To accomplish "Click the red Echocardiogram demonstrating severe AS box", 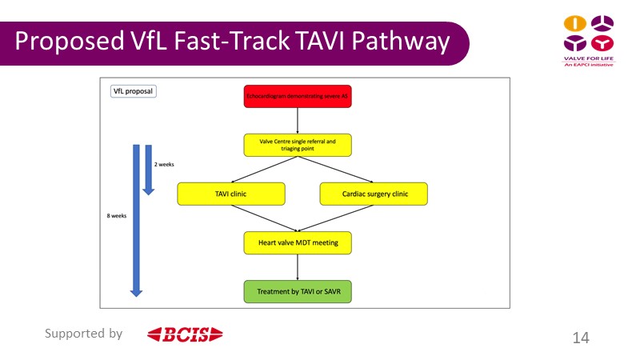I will click(298, 97).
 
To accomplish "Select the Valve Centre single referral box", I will click(298, 145).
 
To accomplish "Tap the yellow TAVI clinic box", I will click(231, 193).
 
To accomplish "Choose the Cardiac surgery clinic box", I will click(374, 193).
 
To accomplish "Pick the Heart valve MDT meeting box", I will click(298, 242).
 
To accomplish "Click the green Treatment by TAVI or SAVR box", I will click(298, 290).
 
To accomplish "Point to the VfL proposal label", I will click(133, 91).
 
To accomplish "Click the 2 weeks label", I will click(164, 164).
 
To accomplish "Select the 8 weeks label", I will click(117, 216).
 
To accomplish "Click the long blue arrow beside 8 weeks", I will click(136, 224).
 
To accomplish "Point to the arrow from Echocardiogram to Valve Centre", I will click(298, 121).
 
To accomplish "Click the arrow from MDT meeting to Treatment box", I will click(298, 266).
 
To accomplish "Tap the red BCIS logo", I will click(185, 334).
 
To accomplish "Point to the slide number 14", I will click(581, 338).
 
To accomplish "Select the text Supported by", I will click(83, 334).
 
